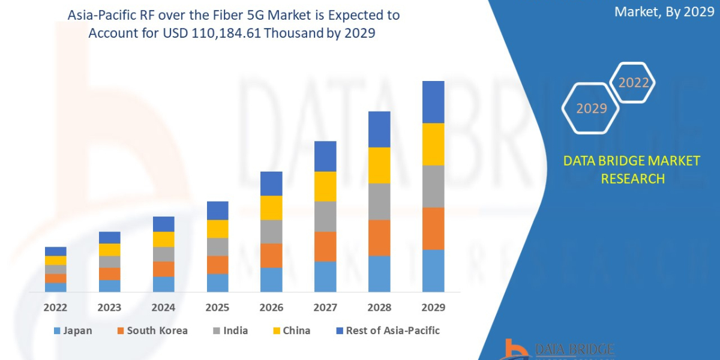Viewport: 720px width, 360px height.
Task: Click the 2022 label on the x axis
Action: point(55,308)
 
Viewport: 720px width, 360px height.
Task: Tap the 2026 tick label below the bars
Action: point(271,308)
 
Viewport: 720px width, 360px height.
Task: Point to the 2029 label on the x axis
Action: point(433,308)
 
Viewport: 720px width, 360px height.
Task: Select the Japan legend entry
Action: point(73,331)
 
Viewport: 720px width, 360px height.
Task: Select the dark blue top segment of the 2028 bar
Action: point(379,129)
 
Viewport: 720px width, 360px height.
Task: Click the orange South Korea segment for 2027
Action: point(325,246)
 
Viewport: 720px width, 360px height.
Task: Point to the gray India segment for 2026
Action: point(271,231)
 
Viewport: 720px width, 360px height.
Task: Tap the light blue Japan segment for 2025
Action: point(217,283)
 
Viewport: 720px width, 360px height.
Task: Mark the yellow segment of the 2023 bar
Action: point(109,250)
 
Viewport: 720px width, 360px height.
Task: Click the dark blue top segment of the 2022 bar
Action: point(55,251)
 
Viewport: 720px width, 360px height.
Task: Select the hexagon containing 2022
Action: point(632,83)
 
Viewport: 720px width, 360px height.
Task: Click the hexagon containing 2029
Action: point(591,109)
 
